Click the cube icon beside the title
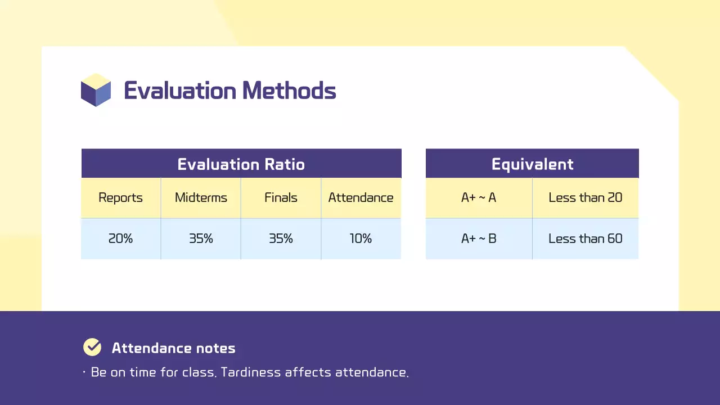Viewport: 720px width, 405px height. coord(96,90)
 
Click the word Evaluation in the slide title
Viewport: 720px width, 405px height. coord(180,91)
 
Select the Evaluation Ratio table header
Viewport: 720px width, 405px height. coord(241,164)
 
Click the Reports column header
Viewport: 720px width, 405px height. coord(120,198)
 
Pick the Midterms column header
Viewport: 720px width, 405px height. coord(201,198)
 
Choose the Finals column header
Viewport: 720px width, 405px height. coord(281,198)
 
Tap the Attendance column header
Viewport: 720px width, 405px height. coord(361,198)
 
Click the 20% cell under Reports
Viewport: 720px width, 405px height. coord(120,238)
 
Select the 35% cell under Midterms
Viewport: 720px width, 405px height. coord(201,238)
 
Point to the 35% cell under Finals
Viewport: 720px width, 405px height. coord(281,238)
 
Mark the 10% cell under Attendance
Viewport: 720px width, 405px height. coord(361,238)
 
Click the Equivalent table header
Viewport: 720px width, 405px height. coord(532,164)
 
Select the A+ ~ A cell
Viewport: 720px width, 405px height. coord(479,198)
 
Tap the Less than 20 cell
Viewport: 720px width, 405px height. coord(586,198)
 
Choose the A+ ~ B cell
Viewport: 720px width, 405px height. coord(479,238)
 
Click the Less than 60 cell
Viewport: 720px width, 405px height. coord(586,238)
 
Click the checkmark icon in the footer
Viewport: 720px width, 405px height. coord(92,348)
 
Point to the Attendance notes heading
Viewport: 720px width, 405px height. coord(173,348)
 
